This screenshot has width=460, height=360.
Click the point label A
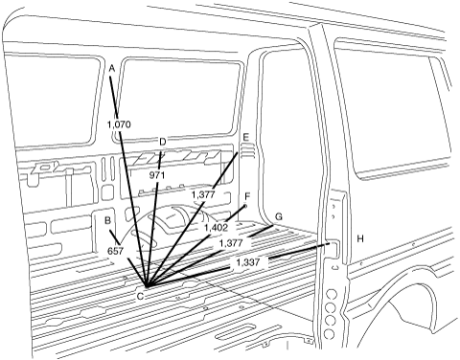click(x=111, y=68)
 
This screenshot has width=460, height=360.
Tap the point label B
click(x=108, y=220)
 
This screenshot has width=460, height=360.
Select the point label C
click(x=140, y=297)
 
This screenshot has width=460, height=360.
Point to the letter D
click(x=163, y=142)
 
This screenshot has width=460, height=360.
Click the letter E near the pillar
click(x=245, y=137)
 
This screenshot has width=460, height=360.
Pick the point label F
click(x=247, y=196)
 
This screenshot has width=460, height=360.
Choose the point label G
click(x=279, y=217)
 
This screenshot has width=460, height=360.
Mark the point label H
click(x=360, y=238)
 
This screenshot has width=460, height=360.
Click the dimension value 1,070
click(x=119, y=124)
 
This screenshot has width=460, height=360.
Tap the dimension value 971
click(x=157, y=175)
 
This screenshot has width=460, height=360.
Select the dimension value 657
click(x=115, y=251)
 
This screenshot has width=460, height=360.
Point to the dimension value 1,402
click(x=217, y=228)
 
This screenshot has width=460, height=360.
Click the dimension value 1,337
click(x=248, y=262)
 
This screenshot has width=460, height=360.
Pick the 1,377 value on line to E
click(x=203, y=194)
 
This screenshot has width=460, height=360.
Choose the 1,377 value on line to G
click(x=231, y=243)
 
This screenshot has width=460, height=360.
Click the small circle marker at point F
click(x=245, y=206)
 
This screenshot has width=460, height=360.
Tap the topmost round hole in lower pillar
click(x=332, y=294)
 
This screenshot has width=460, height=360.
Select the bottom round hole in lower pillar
click(x=329, y=334)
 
